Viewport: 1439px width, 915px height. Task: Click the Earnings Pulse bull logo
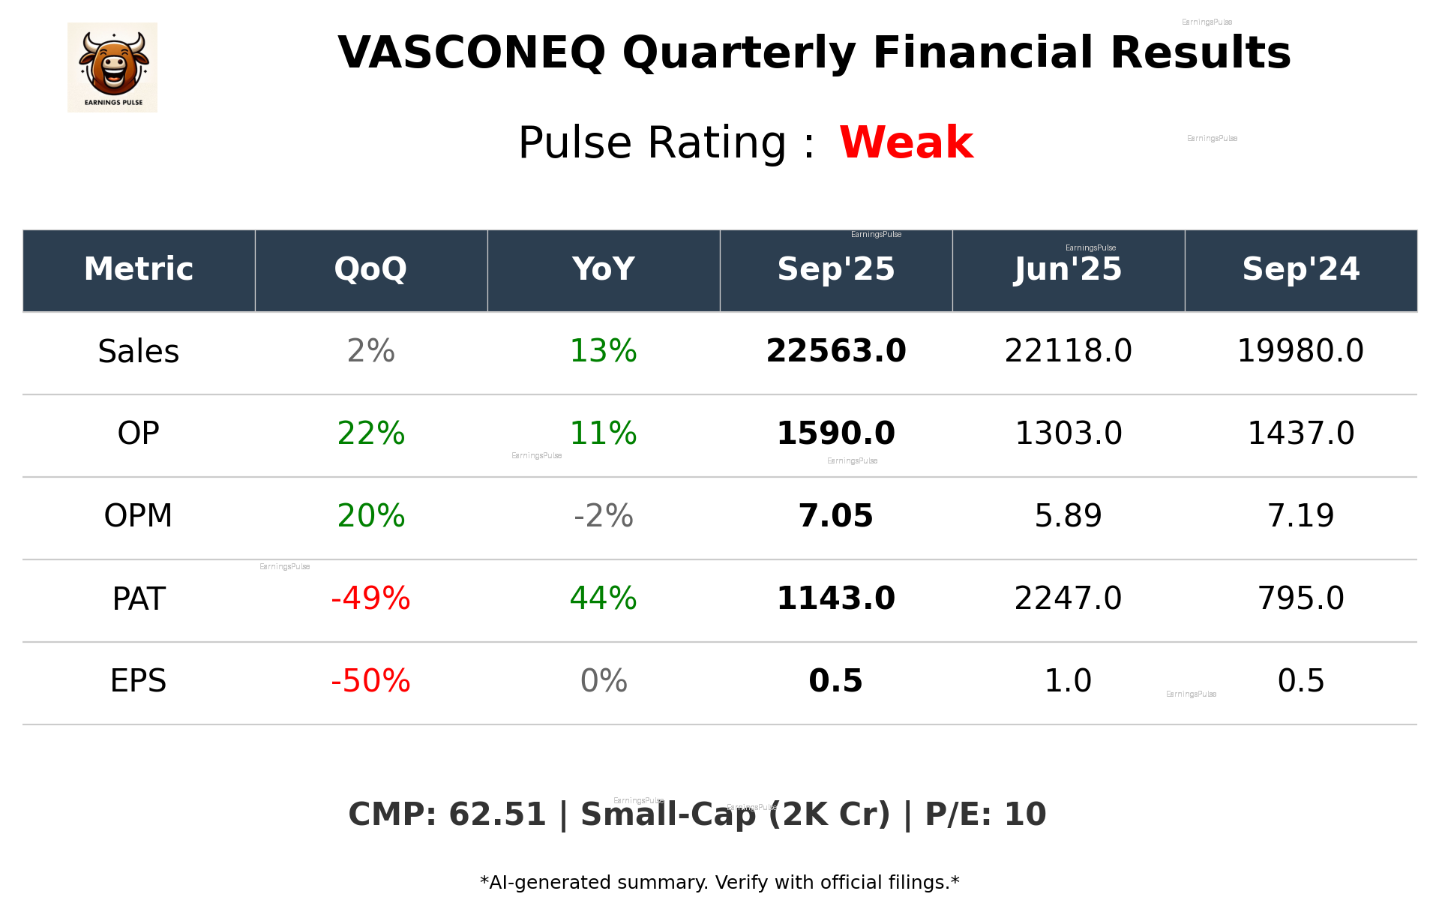point(112,67)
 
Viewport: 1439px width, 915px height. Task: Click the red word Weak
point(906,142)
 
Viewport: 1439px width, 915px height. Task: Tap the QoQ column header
point(370,269)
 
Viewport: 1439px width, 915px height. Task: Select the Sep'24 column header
point(1300,269)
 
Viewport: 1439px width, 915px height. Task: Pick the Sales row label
point(139,352)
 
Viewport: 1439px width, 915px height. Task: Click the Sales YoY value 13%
point(603,351)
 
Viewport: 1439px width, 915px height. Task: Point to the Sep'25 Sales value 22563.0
point(835,351)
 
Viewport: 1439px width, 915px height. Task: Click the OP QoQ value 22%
point(370,433)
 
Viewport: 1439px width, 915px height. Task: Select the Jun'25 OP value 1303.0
point(1068,433)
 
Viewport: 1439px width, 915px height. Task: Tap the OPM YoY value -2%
point(603,516)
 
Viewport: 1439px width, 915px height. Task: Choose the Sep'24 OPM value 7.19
point(1300,516)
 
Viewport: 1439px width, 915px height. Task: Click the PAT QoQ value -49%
point(370,598)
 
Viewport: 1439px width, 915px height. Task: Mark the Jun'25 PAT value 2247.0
point(1068,598)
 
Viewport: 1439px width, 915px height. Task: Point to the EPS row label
point(139,681)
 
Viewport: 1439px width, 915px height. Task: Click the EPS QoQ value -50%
point(370,681)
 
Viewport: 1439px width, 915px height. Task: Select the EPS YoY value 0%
point(603,681)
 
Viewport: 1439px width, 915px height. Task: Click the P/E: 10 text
point(985,814)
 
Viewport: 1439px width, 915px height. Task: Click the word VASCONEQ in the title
point(471,53)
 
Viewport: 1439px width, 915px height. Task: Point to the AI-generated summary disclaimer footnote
point(719,883)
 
